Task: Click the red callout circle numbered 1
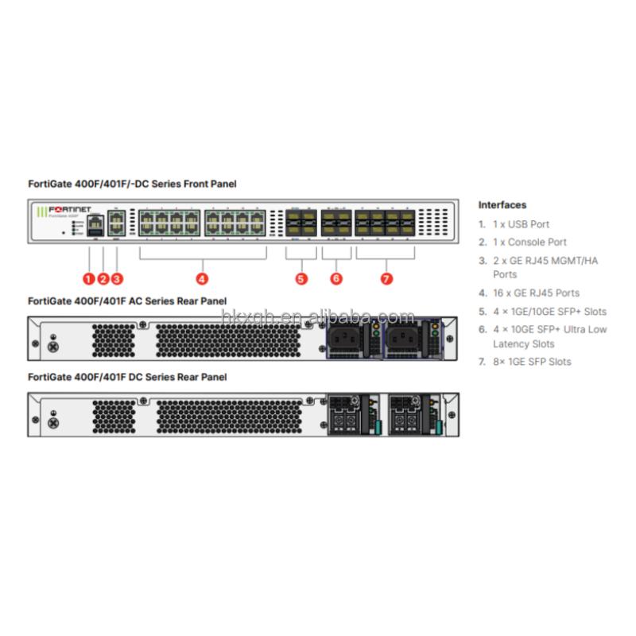point(89,278)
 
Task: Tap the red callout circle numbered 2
point(103,278)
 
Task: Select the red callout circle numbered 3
point(117,278)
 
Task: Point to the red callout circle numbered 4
point(202,278)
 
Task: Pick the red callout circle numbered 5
point(301,278)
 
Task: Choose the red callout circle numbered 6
point(336,278)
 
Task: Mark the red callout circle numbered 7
point(386,278)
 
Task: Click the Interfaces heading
point(502,205)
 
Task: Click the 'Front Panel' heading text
point(131,184)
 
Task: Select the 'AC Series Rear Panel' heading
point(127,301)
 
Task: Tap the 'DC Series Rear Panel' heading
point(127,377)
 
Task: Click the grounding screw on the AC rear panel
point(53,347)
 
